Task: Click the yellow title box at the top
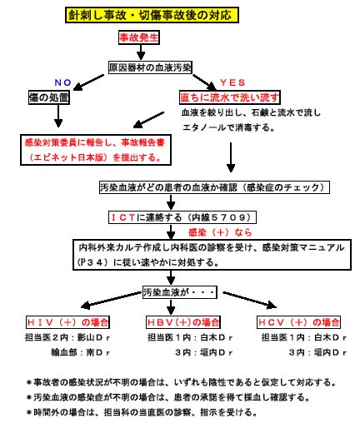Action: (152, 15)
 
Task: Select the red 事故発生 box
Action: (139, 37)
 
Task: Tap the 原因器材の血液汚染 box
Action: (150, 67)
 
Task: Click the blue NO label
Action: (62, 82)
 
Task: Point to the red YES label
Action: (232, 82)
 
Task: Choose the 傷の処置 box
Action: (49, 97)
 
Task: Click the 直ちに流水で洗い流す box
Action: (230, 97)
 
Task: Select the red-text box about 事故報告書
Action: (96, 150)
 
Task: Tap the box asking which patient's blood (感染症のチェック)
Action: (214, 187)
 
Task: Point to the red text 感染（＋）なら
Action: (220, 232)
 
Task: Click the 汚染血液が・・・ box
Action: (180, 292)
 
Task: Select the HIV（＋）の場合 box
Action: (67, 322)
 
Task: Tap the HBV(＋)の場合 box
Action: (183, 322)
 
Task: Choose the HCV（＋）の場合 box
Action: (298, 322)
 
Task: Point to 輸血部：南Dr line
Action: (80, 352)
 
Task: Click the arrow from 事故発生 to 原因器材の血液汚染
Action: (141, 52)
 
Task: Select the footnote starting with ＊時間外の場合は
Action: (142, 412)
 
